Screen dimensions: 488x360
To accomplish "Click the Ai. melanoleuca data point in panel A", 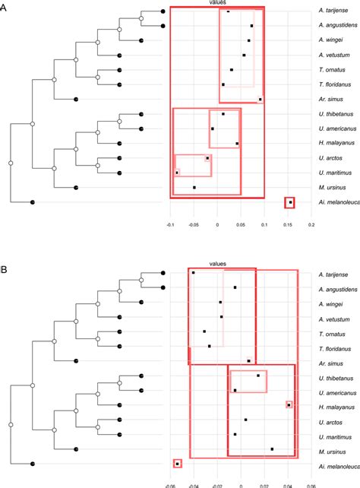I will click(289, 202).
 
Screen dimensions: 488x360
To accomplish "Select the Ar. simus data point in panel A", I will click(261, 100).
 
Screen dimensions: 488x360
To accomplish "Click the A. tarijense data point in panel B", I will click(194, 272).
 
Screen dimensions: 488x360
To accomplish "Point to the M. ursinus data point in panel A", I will click(194, 187).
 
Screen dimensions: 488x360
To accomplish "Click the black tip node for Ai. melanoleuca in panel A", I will click(32, 201).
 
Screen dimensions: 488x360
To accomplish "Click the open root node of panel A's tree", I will click(11, 162).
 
